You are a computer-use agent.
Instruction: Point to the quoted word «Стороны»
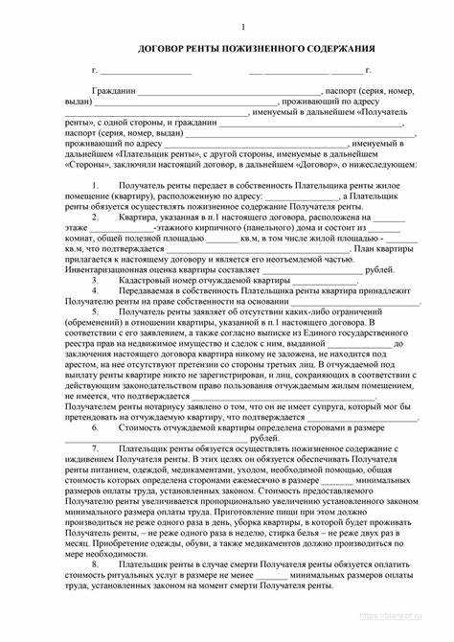79,164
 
